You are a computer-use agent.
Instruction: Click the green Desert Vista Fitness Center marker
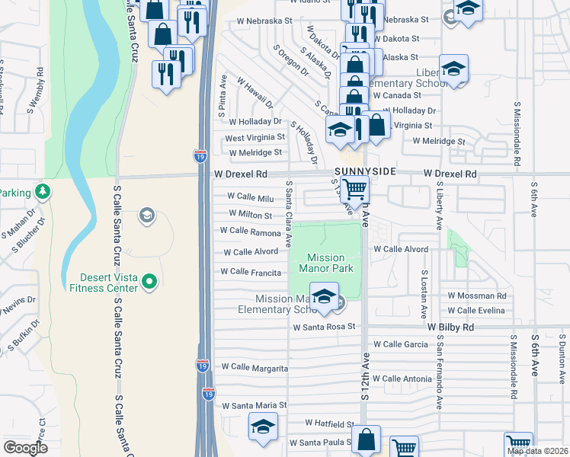(x=149, y=283)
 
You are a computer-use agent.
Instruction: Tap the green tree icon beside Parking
(x=43, y=191)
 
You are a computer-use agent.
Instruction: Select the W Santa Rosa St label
(x=325, y=327)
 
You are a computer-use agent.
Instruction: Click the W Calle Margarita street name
(x=255, y=369)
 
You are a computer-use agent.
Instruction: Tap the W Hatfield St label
(x=330, y=423)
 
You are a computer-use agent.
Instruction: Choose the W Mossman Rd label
(x=477, y=295)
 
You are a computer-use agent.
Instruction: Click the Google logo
(x=25, y=448)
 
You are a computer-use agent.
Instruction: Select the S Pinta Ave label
(x=223, y=94)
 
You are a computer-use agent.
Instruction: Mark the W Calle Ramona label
(x=250, y=231)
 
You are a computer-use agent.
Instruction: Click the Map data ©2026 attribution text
(x=537, y=451)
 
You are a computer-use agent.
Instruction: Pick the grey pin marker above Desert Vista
(x=145, y=216)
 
